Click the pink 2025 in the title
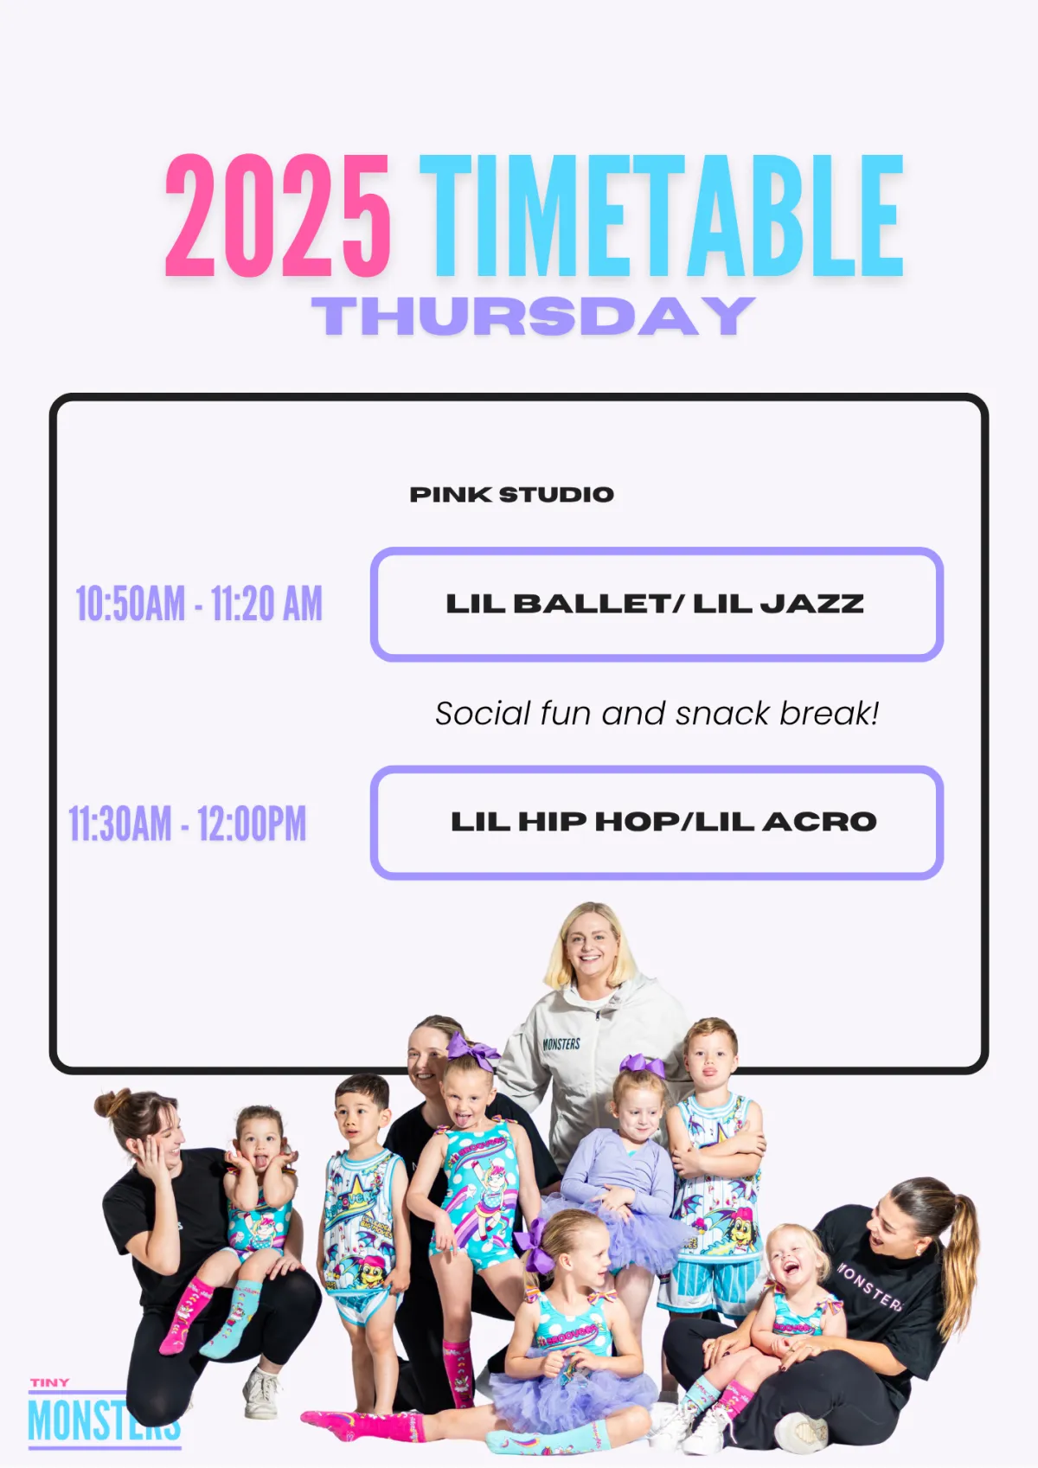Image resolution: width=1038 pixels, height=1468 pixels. [278, 215]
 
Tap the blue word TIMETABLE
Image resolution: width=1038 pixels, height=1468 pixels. [662, 215]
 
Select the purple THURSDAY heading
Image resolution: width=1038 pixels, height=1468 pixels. [534, 316]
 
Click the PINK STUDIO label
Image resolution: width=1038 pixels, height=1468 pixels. [512, 494]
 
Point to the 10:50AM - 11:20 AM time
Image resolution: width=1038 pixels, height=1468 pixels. [199, 604]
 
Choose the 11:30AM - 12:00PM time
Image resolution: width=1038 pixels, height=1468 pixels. [188, 824]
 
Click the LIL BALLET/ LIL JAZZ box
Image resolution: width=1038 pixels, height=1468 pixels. [657, 604]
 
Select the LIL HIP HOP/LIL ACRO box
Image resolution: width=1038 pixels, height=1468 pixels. [657, 823]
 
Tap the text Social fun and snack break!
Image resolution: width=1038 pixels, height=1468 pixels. [657, 714]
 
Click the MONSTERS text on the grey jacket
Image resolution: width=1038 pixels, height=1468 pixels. [561, 1043]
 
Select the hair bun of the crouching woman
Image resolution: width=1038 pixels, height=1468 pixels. [108, 1104]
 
